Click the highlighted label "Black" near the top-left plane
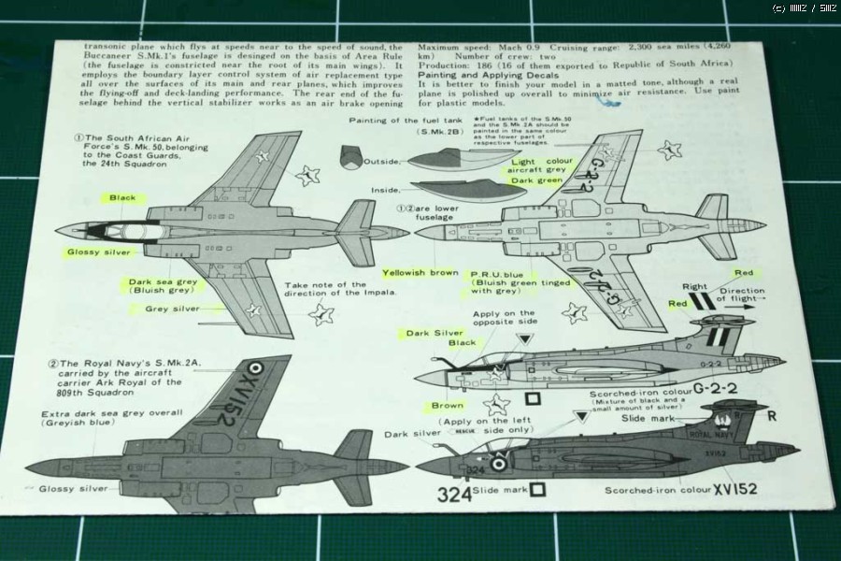122,198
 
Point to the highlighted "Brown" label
447,406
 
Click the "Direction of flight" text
744,296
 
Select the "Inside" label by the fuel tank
385,191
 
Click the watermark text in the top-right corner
805,8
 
